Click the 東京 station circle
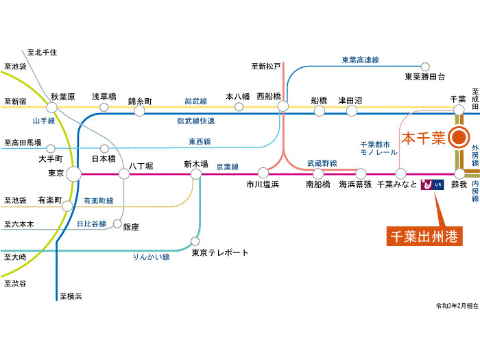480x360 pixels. pyautogui.click(x=73, y=173)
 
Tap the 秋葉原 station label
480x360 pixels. pyautogui.click(x=62, y=97)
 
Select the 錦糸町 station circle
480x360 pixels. pyautogui.click(x=139, y=110)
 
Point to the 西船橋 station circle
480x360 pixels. pyautogui.click(x=283, y=106)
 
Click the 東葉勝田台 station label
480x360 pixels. pyautogui.click(x=424, y=76)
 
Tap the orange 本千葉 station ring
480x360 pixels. pyautogui.click(x=458, y=138)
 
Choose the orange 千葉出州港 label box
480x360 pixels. pyautogui.click(x=423, y=237)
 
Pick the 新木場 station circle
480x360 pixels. pyautogui.click(x=196, y=174)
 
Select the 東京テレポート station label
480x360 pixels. pyautogui.click(x=219, y=252)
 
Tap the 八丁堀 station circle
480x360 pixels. pyautogui.click(x=124, y=174)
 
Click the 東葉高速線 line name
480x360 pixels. pyautogui.click(x=360, y=60)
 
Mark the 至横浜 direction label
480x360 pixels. pyautogui.click(x=71, y=296)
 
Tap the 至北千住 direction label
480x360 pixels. pyautogui.click(x=42, y=52)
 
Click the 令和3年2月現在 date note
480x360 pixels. pyautogui.click(x=456, y=306)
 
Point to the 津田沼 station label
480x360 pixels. pyautogui.click(x=350, y=100)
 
